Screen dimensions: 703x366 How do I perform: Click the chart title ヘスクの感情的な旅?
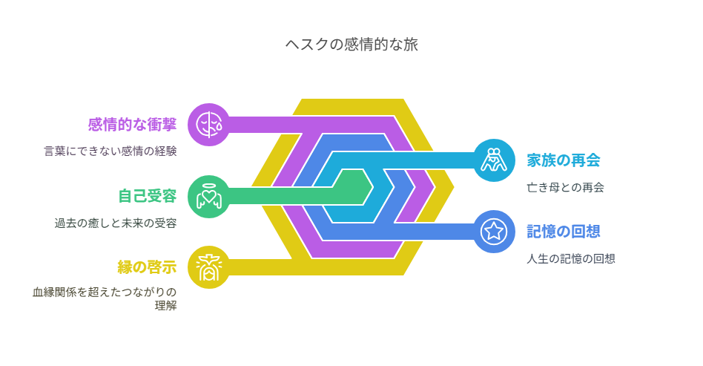click(351, 45)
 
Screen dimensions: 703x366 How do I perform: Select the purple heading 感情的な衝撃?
click(132, 125)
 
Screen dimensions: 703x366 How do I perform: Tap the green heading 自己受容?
click(147, 196)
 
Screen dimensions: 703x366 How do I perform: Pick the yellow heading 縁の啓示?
click(147, 267)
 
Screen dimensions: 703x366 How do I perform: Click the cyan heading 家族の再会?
click(564, 160)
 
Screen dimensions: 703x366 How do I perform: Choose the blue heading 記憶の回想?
click(564, 232)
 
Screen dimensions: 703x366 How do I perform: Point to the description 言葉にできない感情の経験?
click(110, 151)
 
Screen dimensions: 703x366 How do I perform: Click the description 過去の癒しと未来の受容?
click(116, 223)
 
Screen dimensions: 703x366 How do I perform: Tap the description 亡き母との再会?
click(565, 187)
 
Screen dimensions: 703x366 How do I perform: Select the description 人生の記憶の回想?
click(571, 258)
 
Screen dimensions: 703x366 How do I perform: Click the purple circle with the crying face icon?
click(209, 125)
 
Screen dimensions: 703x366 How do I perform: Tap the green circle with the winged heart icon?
click(209, 196)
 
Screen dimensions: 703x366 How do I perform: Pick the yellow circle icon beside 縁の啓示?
click(209, 267)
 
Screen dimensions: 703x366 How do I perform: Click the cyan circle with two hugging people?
click(494, 160)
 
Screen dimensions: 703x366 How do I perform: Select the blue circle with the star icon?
click(494, 232)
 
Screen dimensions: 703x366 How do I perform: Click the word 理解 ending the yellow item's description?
click(165, 306)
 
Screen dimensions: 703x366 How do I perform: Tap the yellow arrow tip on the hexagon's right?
click(454, 187)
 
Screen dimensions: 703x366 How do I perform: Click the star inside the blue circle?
click(494, 232)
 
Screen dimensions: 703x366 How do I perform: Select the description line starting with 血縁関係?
click(105, 293)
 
